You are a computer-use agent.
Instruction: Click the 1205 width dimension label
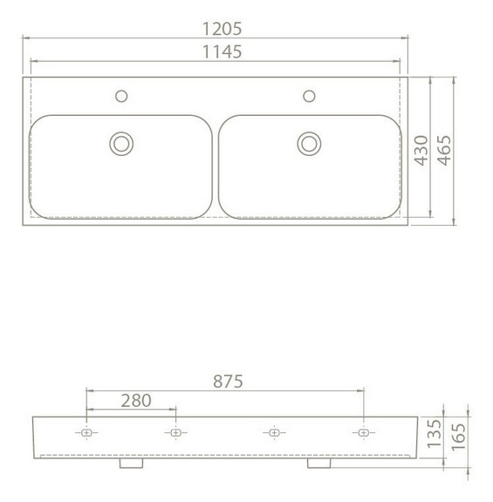point(223,29)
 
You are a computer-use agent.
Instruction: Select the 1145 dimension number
point(223,52)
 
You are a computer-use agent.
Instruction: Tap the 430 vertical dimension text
point(421,151)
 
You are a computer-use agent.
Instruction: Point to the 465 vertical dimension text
point(445,151)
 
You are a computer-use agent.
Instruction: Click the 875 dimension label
point(228,382)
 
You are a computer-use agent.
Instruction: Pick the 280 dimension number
point(136,401)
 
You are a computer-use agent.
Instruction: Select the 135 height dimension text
point(435,433)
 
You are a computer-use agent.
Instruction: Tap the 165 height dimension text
point(458,437)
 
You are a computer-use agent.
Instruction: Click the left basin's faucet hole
point(121,96)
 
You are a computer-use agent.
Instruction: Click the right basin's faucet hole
point(310,96)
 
